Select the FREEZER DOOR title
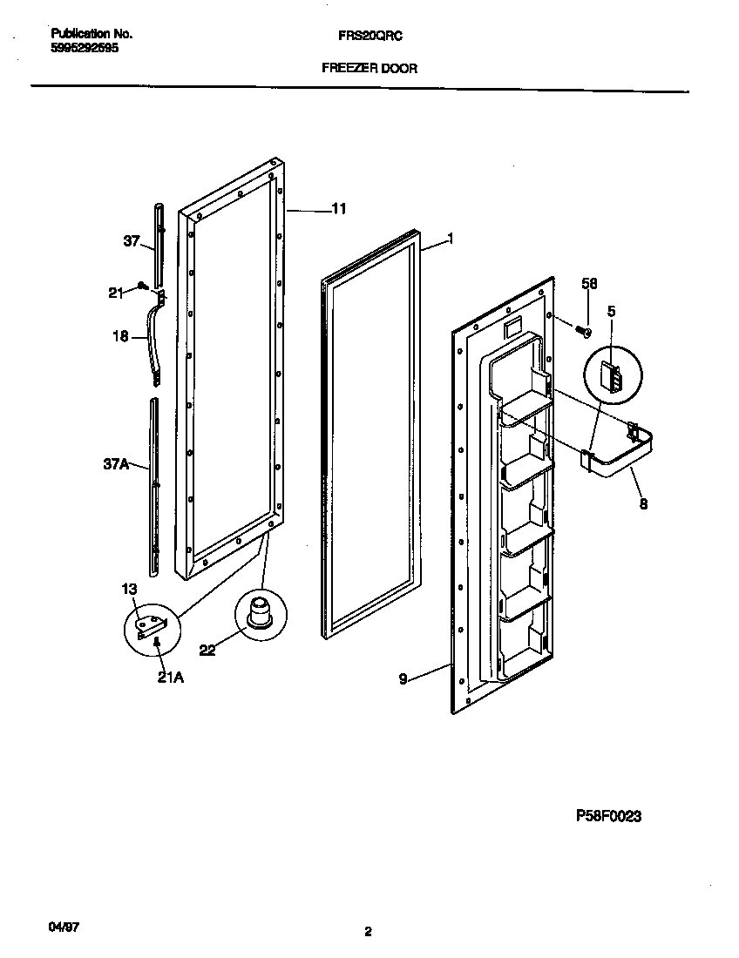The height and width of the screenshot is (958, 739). pos(369,68)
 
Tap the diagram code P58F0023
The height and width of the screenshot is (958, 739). pos(609,816)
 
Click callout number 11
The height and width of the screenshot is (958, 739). pos(339,209)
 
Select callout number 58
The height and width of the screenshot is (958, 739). pos(589,283)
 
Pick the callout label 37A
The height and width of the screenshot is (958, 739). pos(116,465)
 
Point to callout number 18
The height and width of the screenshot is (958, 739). pos(121,336)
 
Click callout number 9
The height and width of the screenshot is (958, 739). pos(403,678)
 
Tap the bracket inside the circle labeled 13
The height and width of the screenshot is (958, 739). pos(152,624)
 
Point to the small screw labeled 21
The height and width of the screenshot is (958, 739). pos(140,285)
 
